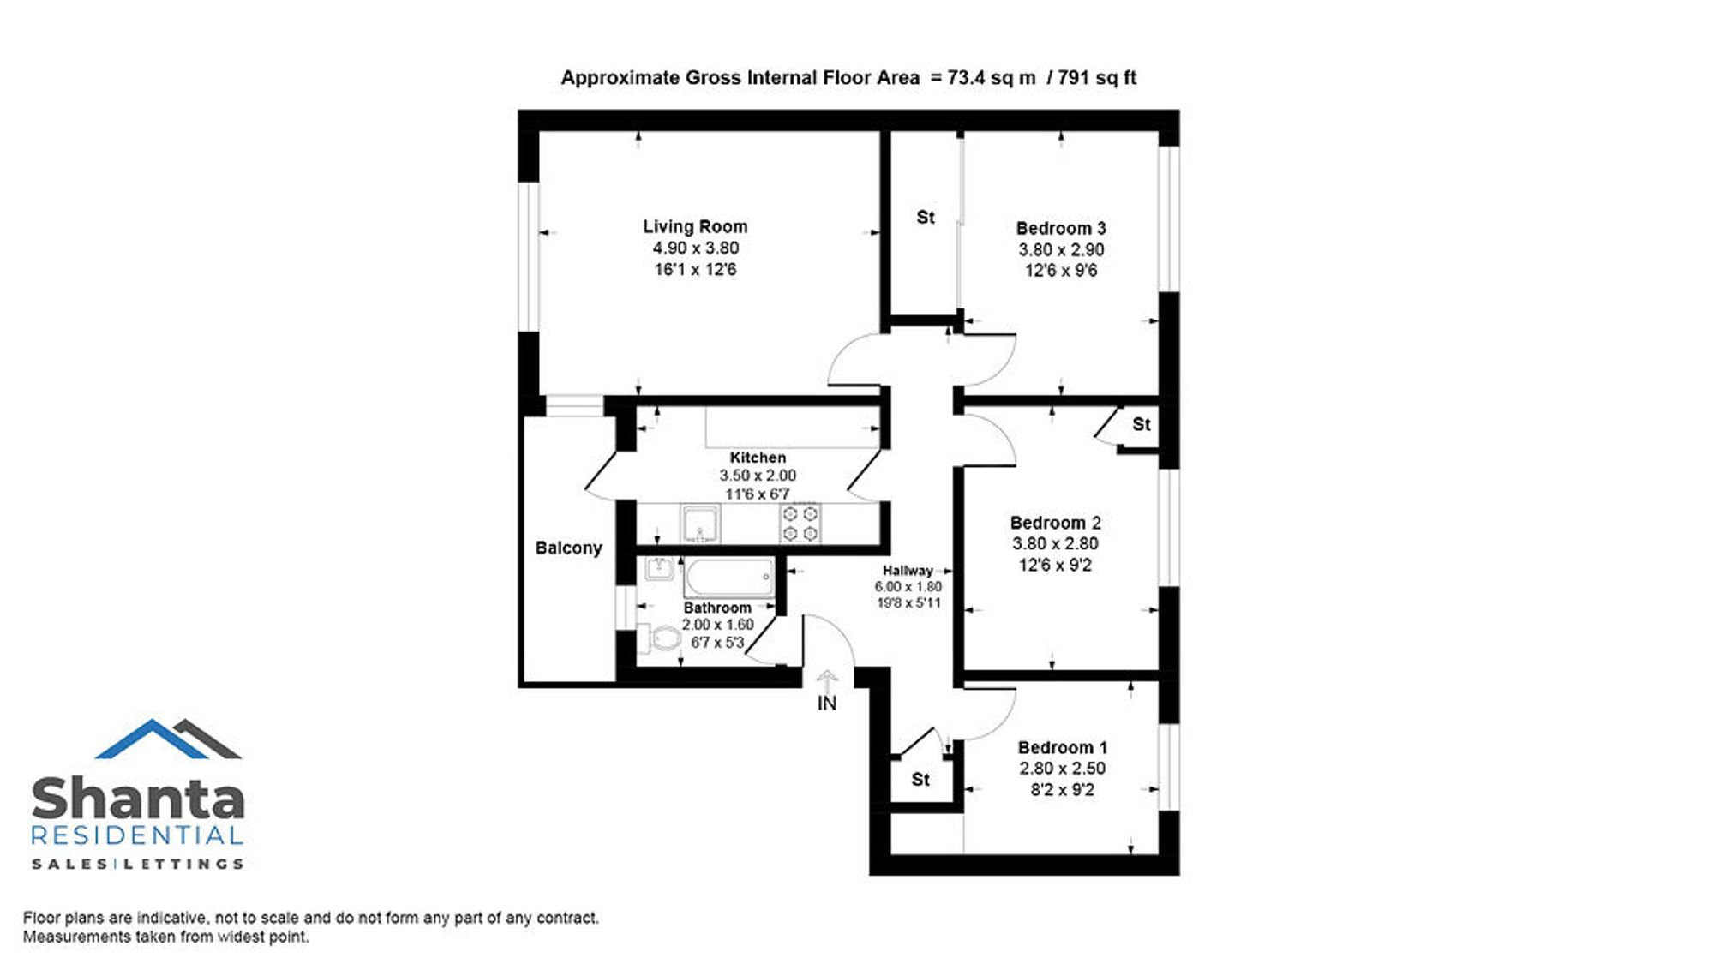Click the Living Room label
695,227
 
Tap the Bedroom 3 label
1061,229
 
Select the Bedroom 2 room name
1055,523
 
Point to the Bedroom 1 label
1062,747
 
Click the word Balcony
568,548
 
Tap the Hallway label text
908,571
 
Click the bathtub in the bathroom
729,578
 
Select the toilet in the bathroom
658,638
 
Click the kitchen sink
700,524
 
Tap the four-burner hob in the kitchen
800,524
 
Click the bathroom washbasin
658,568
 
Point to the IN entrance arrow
826,683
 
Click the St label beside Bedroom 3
926,218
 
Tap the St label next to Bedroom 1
920,780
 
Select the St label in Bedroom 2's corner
1141,424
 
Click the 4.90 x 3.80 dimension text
695,248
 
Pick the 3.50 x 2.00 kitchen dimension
758,476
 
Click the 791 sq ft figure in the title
1097,78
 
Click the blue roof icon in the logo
152,739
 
